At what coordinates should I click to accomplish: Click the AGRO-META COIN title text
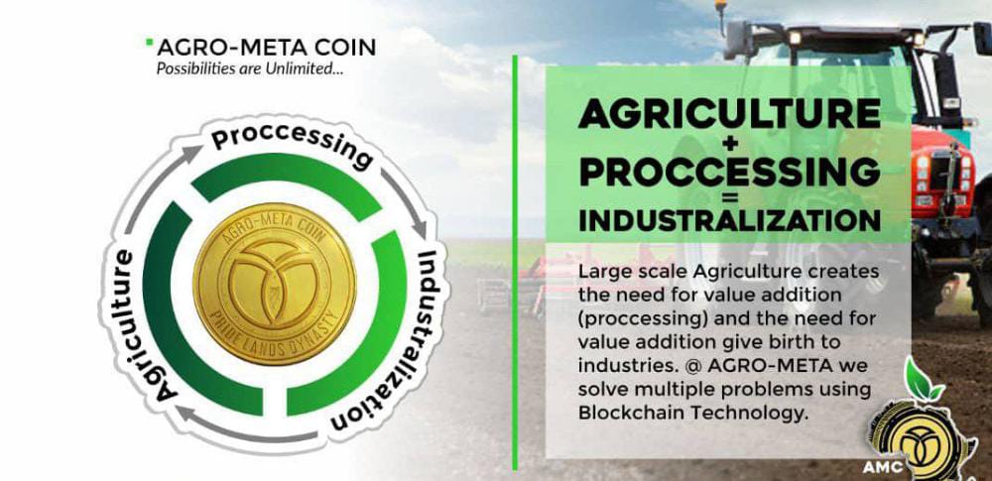click(x=266, y=47)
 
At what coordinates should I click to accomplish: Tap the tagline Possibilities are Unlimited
click(x=250, y=68)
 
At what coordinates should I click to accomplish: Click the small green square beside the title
click(x=150, y=43)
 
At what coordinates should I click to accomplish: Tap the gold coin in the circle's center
click(x=275, y=284)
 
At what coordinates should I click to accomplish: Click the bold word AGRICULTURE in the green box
click(x=729, y=115)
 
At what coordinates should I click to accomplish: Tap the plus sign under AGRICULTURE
click(x=729, y=145)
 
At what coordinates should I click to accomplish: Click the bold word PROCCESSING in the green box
click(x=729, y=171)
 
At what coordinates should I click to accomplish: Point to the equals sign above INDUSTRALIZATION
click(x=729, y=198)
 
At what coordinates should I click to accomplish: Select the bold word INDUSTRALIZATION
click(x=729, y=220)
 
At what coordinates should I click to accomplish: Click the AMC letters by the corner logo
click(x=883, y=468)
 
